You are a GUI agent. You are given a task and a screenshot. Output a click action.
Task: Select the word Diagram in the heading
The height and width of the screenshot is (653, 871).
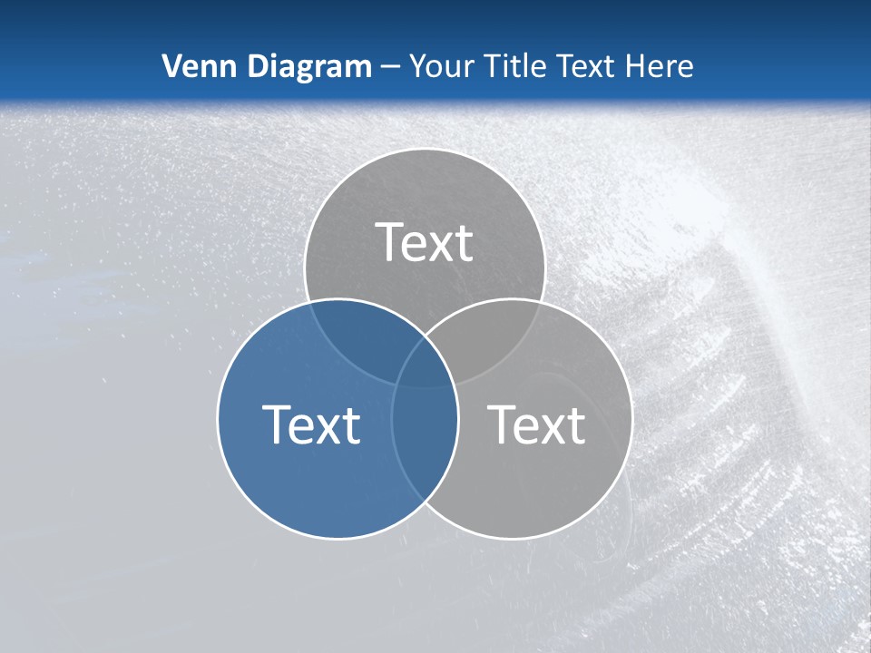click(x=308, y=67)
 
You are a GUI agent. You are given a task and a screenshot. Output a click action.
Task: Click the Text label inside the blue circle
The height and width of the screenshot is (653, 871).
click(x=311, y=424)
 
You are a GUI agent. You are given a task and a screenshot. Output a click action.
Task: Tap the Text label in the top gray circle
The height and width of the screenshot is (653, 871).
click(x=425, y=243)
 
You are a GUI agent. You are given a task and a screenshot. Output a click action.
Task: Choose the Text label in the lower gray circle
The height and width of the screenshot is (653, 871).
click(x=537, y=424)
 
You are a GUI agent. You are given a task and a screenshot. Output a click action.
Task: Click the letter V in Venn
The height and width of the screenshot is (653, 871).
click(x=171, y=66)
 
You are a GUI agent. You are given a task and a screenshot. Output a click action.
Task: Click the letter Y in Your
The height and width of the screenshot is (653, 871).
click(x=417, y=66)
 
